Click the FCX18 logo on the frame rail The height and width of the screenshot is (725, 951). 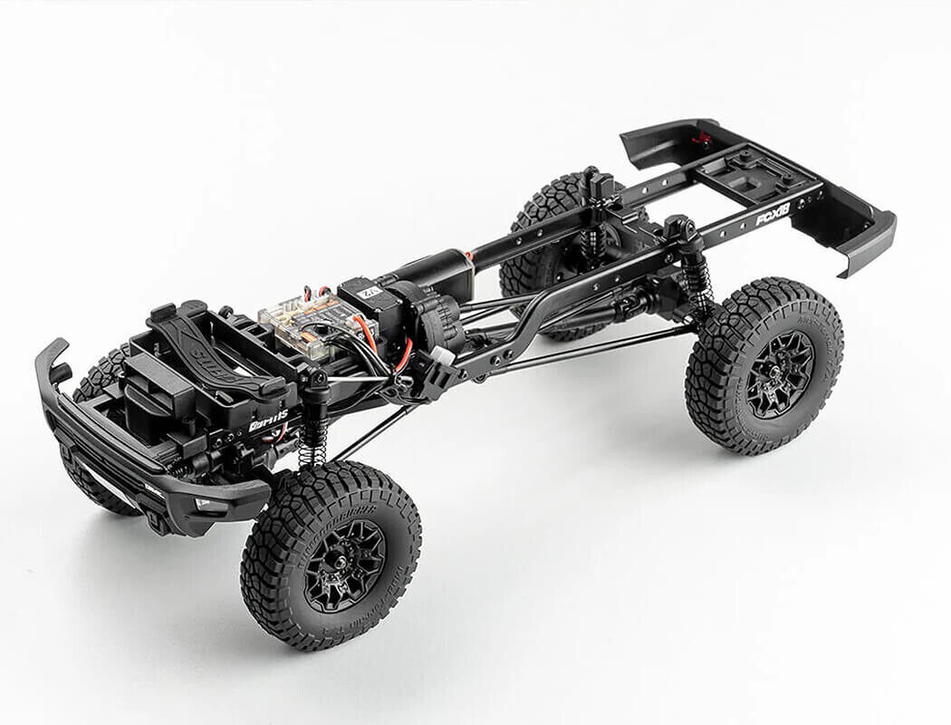[773, 214]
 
